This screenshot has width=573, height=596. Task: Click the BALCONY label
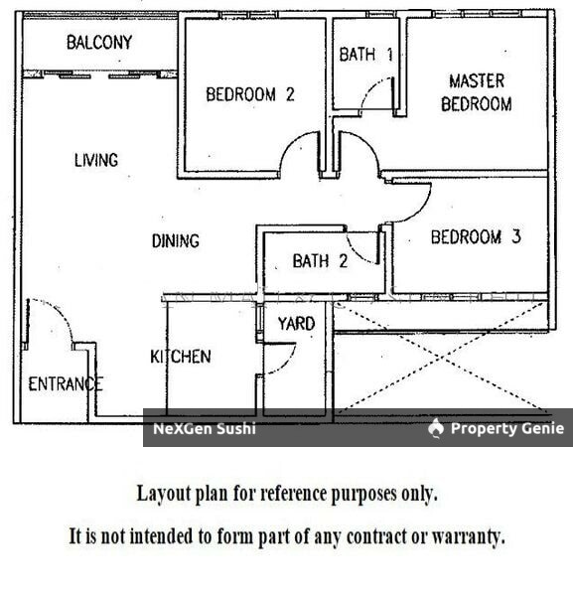tap(99, 42)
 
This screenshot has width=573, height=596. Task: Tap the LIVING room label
tap(96, 160)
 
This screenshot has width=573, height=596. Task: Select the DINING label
tap(176, 241)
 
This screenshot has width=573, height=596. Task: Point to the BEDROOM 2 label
tap(250, 94)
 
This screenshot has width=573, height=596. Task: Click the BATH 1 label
tap(365, 55)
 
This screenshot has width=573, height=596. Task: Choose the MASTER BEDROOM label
tap(477, 92)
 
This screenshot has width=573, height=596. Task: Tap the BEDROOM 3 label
tap(476, 236)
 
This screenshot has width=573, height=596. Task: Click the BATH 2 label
tap(320, 261)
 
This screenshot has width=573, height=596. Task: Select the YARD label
tap(296, 324)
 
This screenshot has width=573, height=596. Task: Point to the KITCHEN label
tap(181, 357)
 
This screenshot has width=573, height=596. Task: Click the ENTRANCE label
tap(66, 383)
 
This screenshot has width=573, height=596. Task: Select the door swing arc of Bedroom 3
tap(421, 210)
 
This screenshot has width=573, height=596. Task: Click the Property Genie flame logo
tap(436, 428)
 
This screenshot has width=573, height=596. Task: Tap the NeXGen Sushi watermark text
tap(204, 429)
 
